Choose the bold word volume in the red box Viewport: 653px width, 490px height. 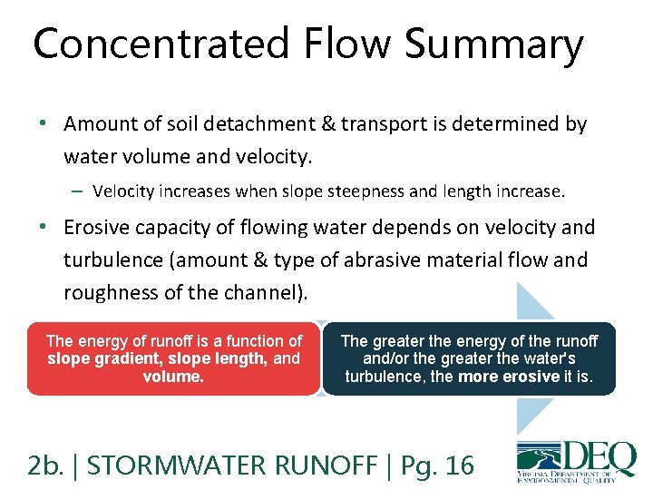(172, 376)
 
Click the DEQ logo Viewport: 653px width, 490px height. (575, 463)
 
